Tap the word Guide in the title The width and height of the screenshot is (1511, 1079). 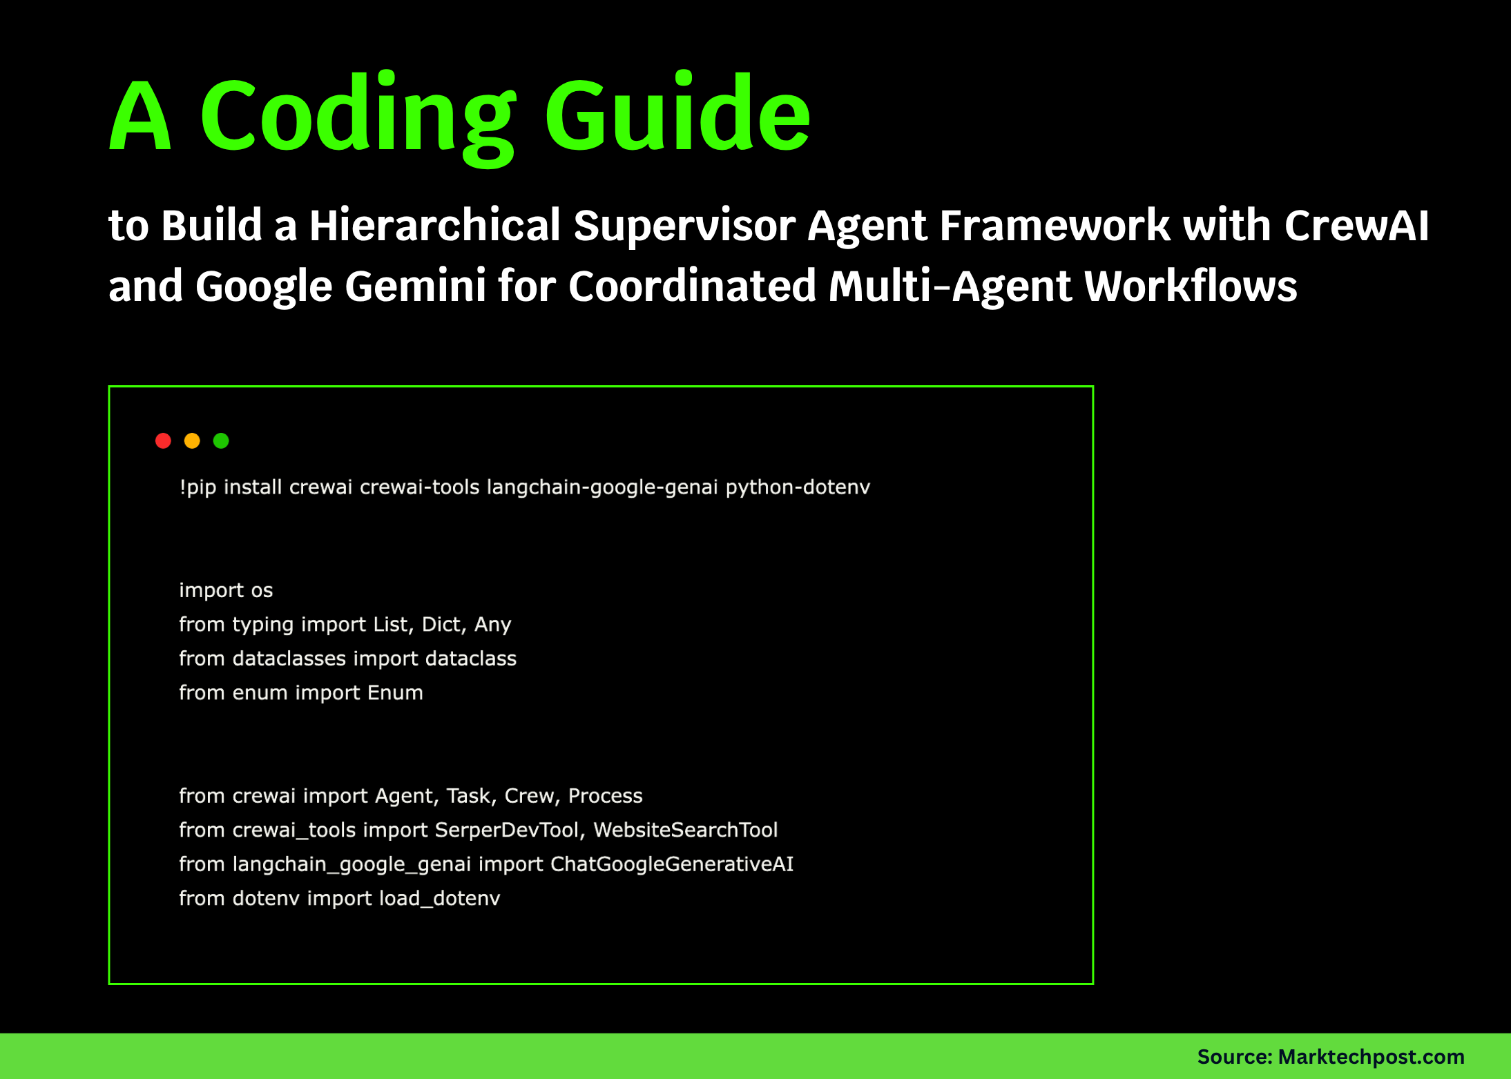click(677, 114)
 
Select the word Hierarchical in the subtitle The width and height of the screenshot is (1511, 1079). click(434, 226)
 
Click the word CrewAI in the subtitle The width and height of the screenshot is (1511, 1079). click(1356, 226)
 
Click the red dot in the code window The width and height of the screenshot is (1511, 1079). click(163, 440)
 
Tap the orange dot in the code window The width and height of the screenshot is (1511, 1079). click(192, 440)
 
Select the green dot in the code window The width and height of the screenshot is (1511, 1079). click(221, 440)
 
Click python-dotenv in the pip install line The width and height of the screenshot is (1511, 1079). click(798, 487)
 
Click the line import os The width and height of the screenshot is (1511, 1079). click(226, 590)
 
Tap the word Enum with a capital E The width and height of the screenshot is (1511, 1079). click(395, 692)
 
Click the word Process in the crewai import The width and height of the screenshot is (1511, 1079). click(605, 796)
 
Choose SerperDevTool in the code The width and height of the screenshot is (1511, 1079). click(507, 830)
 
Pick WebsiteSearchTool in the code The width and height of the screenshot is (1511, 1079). click(685, 830)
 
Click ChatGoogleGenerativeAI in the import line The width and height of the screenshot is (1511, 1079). click(671, 864)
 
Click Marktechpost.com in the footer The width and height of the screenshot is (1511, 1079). click(1371, 1057)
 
